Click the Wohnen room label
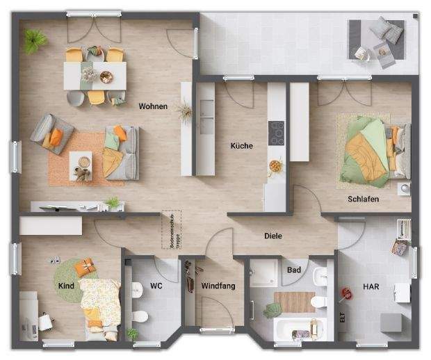pos(152,106)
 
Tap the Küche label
pos(242,146)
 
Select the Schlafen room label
pos(364,199)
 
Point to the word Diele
pos(273,236)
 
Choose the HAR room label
pos(371,286)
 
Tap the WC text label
pos(156,286)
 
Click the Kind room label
pos(66,286)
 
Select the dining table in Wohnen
pos(95,76)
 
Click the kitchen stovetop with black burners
pos(276,133)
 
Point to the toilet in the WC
pos(140,317)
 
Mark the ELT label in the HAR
pos(342,318)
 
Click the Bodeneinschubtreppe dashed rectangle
pos(172,230)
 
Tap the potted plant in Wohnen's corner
pos(34,41)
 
